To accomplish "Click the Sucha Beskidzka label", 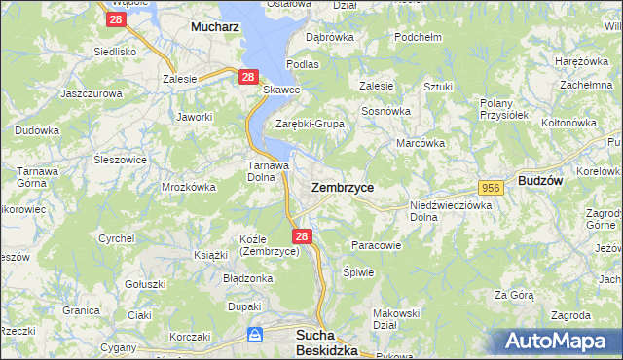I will click(x=326, y=342).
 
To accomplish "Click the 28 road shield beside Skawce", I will click(x=248, y=76).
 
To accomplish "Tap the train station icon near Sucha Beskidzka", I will click(x=255, y=336).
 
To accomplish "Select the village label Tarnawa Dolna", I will click(x=265, y=171).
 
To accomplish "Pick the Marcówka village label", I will click(x=421, y=143).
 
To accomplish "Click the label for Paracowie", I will click(x=376, y=245).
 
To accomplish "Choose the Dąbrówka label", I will click(x=328, y=37).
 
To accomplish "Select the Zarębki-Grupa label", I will click(x=310, y=125).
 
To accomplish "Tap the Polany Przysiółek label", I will click(x=504, y=108).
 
